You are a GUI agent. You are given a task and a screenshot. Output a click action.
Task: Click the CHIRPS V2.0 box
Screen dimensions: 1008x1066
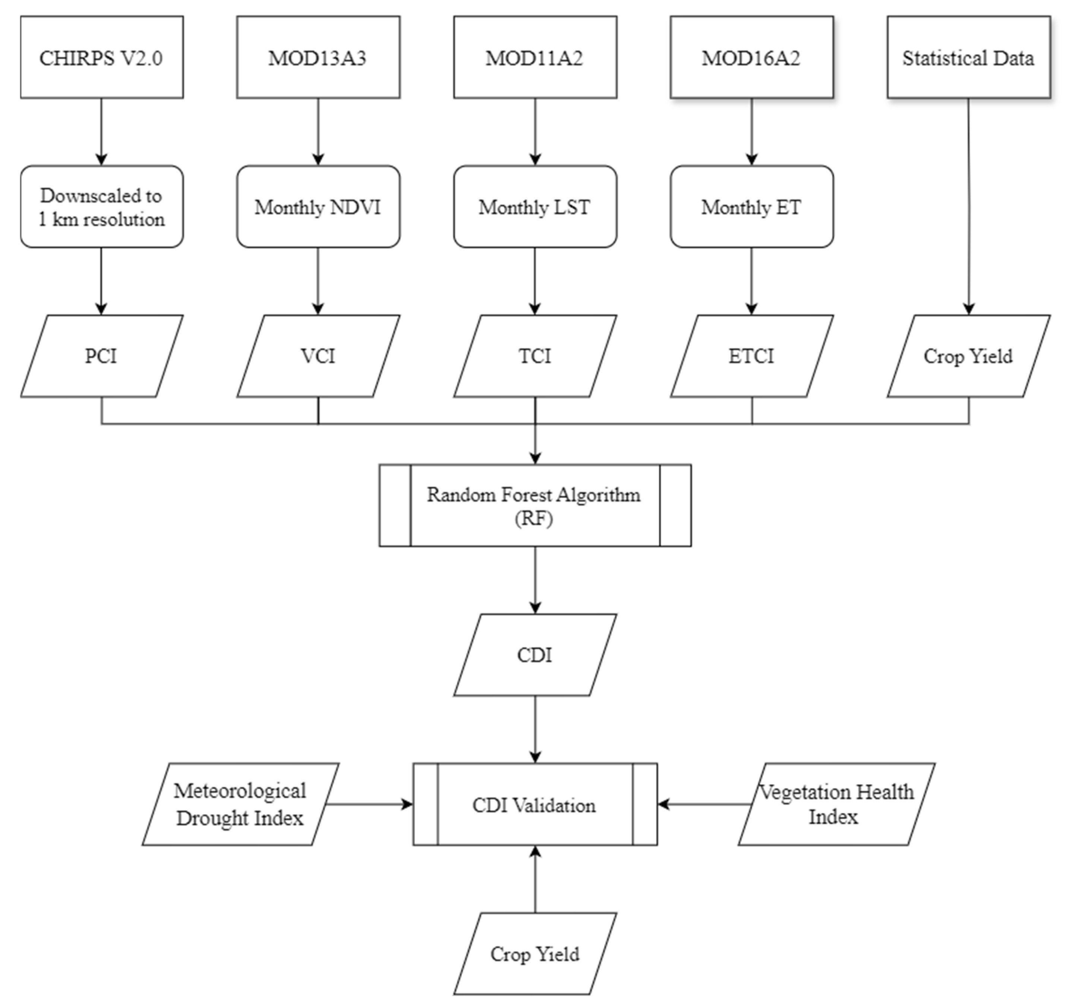(101, 57)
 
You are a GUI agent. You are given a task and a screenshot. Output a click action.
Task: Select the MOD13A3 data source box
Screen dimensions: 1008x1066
(318, 57)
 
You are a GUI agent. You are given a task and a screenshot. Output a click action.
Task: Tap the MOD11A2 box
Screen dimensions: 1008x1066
(535, 57)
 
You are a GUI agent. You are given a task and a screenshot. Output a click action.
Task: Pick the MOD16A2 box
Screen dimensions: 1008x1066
(751, 57)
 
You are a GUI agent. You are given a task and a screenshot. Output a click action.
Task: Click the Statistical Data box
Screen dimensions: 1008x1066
(968, 57)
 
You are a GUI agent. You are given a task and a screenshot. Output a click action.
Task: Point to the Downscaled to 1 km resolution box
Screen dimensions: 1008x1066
(101, 207)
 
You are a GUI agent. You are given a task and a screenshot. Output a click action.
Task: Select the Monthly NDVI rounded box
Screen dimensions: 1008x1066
(318, 207)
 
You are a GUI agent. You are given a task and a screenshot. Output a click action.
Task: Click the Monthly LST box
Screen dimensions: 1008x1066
(535, 207)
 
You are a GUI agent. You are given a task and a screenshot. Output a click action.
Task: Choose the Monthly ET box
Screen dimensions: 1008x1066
(751, 207)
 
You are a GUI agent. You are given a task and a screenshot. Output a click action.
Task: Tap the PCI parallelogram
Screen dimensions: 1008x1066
(101, 356)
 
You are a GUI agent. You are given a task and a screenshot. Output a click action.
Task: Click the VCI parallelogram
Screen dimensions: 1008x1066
(318, 356)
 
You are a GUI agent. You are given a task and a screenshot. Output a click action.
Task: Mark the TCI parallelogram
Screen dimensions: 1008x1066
(535, 356)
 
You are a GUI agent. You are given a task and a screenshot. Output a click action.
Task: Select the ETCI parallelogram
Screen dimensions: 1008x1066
(751, 356)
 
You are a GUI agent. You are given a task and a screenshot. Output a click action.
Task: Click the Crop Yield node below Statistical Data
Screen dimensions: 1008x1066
(968, 356)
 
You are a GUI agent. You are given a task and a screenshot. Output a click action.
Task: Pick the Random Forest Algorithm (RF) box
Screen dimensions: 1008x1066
(535, 506)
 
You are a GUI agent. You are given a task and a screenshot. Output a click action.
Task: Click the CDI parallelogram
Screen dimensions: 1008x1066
(535, 655)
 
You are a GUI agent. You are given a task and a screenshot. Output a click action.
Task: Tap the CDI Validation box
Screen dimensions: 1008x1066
(535, 804)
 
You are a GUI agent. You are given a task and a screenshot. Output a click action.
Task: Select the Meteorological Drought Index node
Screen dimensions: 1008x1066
(240, 804)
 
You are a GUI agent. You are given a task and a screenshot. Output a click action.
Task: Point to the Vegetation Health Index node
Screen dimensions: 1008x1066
(836, 804)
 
